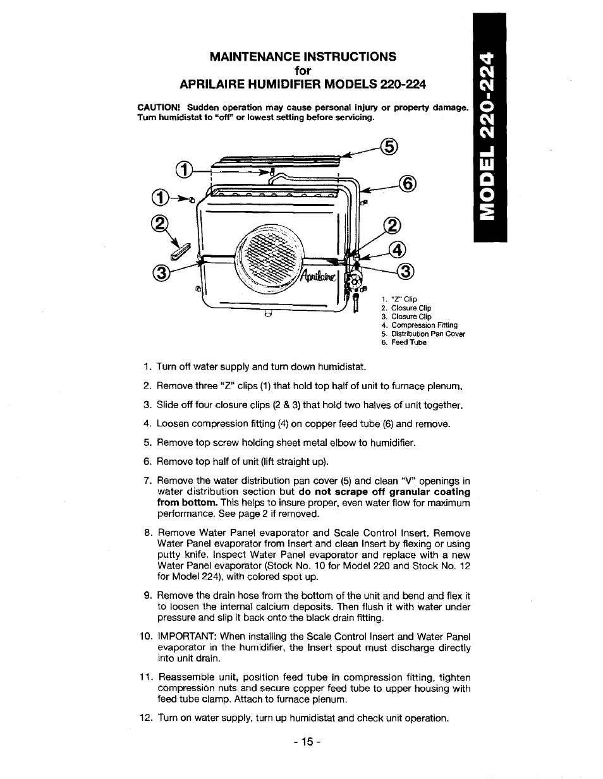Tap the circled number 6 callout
(x=409, y=184)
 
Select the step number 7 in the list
(x=147, y=481)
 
